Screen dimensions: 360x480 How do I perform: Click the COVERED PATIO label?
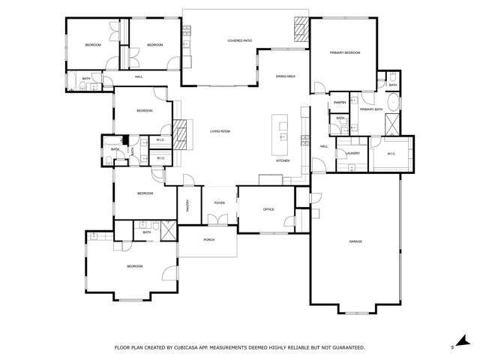pyautogui.click(x=239, y=40)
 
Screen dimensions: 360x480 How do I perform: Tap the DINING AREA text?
pyautogui.click(x=285, y=76)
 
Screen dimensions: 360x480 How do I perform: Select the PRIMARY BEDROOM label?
pyautogui.click(x=345, y=52)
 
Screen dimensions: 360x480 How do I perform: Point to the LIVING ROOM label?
pyautogui.click(x=220, y=131)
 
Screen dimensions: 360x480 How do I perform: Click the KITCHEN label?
pyautogui.click(x=283, y=161)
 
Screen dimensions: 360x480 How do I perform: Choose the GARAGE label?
pyautogui.click(x=355, y=241)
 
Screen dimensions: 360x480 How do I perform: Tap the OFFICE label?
pyautogui.click(x=269, y=209)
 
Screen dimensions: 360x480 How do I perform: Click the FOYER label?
pyautogui.click(x=220, y=202)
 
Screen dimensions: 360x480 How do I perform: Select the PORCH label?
pyautogui.click(x=209, y=240)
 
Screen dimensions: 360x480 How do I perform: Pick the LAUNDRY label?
pyautogui.click(x=352, y=154)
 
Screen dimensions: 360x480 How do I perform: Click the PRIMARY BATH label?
pyautogui.click(x=370, y=110)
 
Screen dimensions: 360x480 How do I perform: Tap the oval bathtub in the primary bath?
pyautogui.click(x=393, y=105)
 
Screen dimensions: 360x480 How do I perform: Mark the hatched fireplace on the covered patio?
pyautogui.click(x=300, y=30)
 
